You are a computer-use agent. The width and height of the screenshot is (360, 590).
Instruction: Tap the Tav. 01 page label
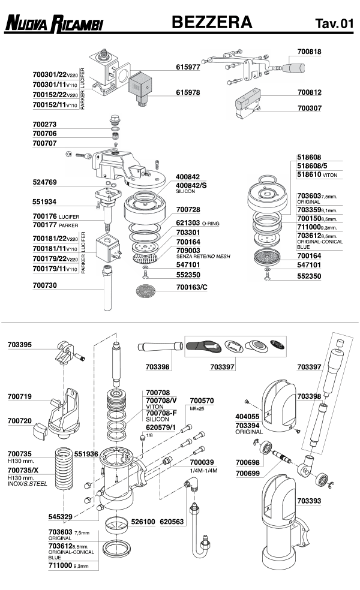point(334,25)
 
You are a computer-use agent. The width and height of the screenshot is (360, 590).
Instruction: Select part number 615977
point(188,68)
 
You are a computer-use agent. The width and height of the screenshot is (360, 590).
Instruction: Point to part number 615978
point(188,93)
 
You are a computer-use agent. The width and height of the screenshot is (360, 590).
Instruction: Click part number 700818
point(310,52)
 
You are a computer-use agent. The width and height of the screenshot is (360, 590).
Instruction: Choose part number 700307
point(310,109)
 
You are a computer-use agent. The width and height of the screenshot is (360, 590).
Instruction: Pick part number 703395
point(20,345)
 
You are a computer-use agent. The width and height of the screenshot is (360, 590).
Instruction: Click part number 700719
point(20,396)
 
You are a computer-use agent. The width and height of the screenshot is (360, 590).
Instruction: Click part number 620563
point(172,522)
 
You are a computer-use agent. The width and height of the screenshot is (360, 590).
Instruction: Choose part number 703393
point(309,500)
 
